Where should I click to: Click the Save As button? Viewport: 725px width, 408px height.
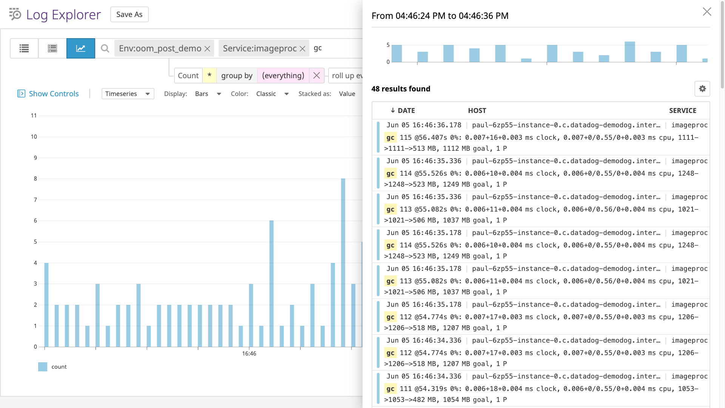coord(129,14)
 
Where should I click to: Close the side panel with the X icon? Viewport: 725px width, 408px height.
coord(707,12)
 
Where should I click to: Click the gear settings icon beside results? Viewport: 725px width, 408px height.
coord(702,89)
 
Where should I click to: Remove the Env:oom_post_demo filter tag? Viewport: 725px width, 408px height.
coord(207,49)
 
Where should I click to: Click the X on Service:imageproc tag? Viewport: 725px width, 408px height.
coord(302,49)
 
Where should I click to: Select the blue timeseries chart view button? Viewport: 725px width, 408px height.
coord(81,48)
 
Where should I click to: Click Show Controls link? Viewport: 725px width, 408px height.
coord(54,94)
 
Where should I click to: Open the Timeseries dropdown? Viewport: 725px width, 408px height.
coord(128,94)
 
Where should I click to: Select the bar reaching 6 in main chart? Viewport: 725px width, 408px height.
coord(271,283)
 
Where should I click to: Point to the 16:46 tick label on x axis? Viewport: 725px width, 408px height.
coord(249,354)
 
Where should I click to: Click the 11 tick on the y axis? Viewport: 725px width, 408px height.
coord(34,116)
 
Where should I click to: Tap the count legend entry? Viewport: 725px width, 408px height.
coord(59,367)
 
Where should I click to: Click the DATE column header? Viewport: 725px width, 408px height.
coord(406,111)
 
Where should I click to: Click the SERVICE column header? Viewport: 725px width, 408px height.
coord(682,111)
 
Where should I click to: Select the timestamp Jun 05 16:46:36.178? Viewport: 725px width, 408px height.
coord(424,125)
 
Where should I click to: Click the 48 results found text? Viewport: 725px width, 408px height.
coord(401,89)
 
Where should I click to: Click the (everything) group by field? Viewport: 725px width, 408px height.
coord(283,76)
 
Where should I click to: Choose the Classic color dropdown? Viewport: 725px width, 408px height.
coord(272,94)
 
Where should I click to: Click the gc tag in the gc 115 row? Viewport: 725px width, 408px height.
coord(390,138)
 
